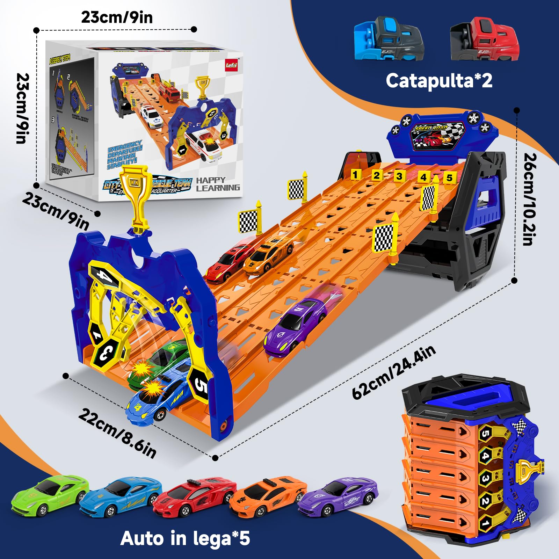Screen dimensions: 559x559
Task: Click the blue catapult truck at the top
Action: pyautogui.click(x=389, y=39)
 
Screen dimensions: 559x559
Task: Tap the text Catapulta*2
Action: pyautogui.click(x=439, y=81)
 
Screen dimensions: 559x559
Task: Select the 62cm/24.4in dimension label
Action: pyautogui.click(x=394, y=372)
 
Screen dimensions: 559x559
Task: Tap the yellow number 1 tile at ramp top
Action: pyautogui.click(x=355, y=174)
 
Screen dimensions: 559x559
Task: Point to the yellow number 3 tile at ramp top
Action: pyautogui.click(x=399, y=176)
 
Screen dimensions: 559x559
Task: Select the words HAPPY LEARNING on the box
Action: pyautogui.click(x=218, y=184)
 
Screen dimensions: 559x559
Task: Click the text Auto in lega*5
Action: pyautogui.click(x=185, y=538)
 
